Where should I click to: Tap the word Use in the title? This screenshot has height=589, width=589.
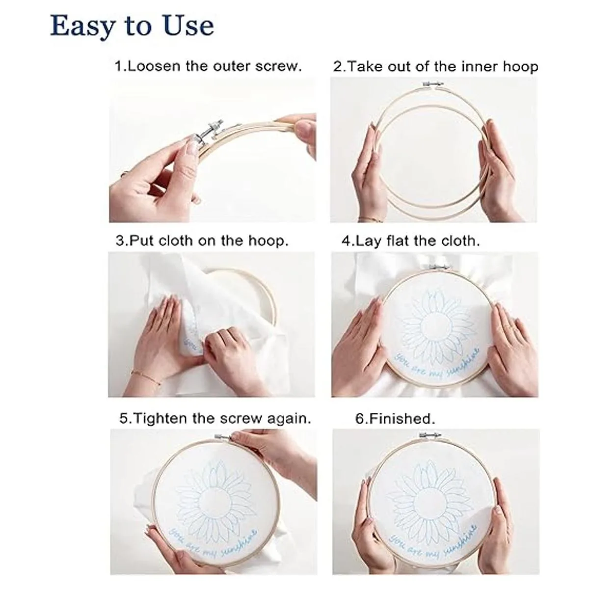(x=188, y=26)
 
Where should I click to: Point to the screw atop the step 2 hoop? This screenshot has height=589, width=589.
(x=431, y=84)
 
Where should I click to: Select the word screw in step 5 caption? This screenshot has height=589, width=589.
(x=242, y=419)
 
